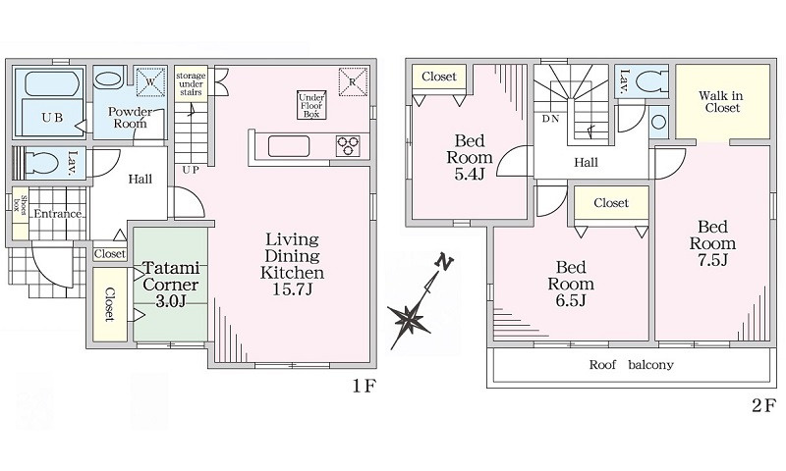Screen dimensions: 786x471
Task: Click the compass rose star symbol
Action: click(x=411, y=318)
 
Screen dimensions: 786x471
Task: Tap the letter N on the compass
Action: click(x=444, y=262)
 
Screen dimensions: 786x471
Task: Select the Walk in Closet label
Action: click(x=722, y=102)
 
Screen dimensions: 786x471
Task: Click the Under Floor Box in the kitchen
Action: click(x=311, y=105)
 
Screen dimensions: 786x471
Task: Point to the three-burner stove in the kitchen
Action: click(x=348, y=146)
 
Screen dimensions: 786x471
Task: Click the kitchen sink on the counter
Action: click(x=289, y=146)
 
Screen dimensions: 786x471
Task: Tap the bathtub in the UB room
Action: click(x=52, y=85)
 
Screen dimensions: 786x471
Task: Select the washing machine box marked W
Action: click(x=150, y=80)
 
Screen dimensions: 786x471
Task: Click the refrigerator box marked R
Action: click(x=353, y=81)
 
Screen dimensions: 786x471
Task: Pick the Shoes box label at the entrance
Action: click(x=21, y=204)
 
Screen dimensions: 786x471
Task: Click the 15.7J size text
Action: click(x=292, y=289)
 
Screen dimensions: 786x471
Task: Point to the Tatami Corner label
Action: click(x=170, y=277)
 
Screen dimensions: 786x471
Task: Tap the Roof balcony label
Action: click(x=631, y=365)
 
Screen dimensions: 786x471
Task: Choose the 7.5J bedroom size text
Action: click(x=712, y=260)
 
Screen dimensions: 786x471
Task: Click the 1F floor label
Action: click(x=364, y=387)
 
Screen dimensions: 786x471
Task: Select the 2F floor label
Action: click(x=764, y=405)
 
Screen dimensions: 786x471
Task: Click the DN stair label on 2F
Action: click(x=550, y=119)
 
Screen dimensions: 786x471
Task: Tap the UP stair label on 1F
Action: click(x=191, y=170)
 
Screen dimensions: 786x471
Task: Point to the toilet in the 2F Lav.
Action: click(x=649, y=80)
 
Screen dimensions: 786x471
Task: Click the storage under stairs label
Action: click(x=191, y=84)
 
